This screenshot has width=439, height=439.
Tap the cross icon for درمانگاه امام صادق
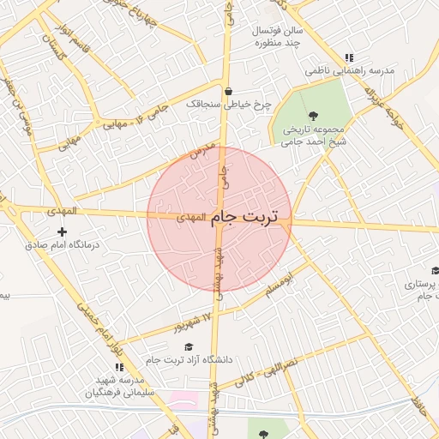[62, 232]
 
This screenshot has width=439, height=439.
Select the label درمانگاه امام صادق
[62, 244]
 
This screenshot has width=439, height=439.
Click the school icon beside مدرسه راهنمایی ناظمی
[348, 57]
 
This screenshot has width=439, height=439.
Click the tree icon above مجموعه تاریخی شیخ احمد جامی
[312, 114]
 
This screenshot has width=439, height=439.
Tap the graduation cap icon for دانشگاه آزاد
[189, 346]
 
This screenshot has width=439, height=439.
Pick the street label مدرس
[201, 153]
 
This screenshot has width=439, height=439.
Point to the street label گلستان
[53, 50]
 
